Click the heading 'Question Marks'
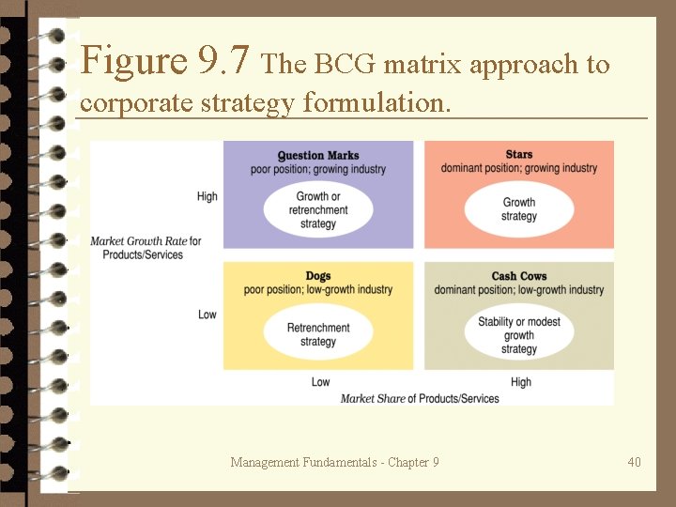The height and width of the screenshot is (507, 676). pyautogui.click(x=318, y=155)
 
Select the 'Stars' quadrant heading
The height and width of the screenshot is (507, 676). pyautogui.click(x=519, y=155)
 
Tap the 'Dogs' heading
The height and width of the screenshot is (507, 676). pyautogui.click(x=318, y=276)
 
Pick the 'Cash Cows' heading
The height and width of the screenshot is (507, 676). pyautogui.click(x=519, y=276)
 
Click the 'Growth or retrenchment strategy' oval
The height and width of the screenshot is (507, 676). pyautogui.click(x=318, y=209)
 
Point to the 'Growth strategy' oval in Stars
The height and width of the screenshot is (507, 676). pyautogui.click(x=519, y=208)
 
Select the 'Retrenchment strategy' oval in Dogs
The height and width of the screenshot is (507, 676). pyautogui.click(x=318, y=333)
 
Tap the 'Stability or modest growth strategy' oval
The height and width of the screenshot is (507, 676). pyautogui.click(x=519, y=334)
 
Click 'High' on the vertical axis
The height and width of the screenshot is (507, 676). pyautogui.click(x=207, y=196)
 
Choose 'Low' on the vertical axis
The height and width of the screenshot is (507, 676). pyautogui.click(x=207, y=315)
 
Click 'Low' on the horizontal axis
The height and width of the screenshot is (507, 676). pyautogui.click(x=320, y=382)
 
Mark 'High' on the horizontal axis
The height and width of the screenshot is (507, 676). pyautogui.click(x=521, y=382)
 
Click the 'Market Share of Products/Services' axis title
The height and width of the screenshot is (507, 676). pyautogui.click(x=420, y=398)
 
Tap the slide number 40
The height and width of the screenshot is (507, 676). pyautogui.click(x=635, y=462)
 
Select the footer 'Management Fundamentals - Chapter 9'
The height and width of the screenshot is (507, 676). pyautogui.click(x=334, y=462)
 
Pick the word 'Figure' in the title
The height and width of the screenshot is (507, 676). pyautogui.click(x=134, y=62)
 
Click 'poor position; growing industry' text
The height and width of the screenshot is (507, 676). pyautogui.click(x=318, y=169)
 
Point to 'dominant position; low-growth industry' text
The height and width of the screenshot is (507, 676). pyautogui.click(x=519, y=290)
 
